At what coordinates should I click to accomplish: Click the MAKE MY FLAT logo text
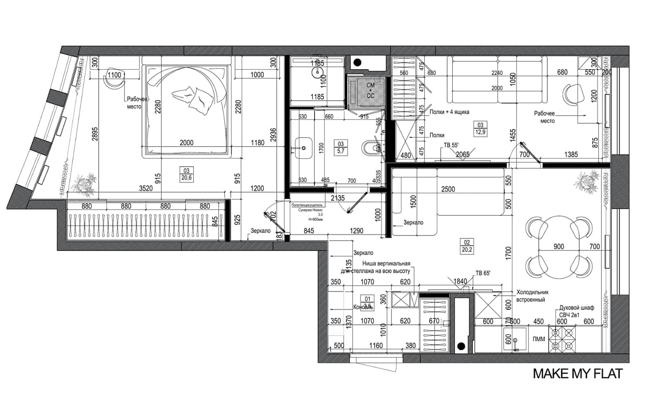click(x=577, y=373)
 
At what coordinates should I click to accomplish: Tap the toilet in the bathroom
click(x=370, y=147)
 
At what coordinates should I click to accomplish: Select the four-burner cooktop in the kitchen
click(x=563, y=339)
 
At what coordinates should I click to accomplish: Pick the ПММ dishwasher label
click(x=539, y=339)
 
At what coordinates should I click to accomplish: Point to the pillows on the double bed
click(x=194, y=99)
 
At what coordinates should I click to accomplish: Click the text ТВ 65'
click(x=483, y=273)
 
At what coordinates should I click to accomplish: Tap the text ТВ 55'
click(x=451, y=145)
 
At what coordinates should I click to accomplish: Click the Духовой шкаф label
click(x=577, y=308)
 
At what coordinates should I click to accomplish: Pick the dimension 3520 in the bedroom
click(x=145, y=188)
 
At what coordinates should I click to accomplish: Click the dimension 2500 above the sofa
click(x=448, y=189)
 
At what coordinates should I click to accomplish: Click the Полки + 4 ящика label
click(x=449, y=112)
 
